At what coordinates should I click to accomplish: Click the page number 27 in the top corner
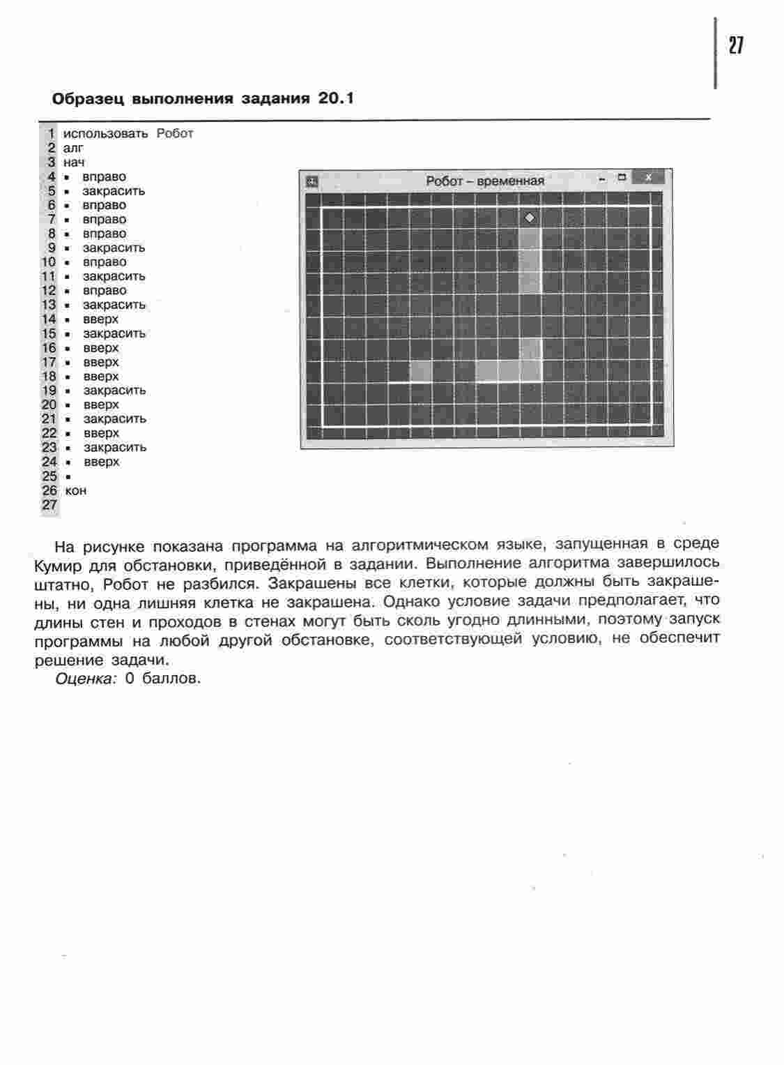736,46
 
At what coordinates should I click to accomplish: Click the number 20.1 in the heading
336,98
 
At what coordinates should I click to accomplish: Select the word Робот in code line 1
174,133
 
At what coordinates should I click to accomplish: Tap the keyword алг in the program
73,148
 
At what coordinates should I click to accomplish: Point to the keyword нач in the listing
74,162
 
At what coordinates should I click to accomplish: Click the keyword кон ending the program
75,490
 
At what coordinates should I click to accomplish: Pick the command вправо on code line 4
104,176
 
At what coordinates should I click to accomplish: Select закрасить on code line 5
114,190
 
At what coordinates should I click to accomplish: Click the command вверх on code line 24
102,462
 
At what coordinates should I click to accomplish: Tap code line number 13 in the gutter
48,305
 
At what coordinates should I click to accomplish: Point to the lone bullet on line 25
68,476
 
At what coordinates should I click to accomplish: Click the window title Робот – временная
484,181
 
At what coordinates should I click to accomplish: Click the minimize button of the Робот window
601,179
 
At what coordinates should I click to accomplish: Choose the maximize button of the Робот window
622,178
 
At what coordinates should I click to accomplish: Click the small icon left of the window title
312,181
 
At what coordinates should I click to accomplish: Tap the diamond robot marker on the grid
530,218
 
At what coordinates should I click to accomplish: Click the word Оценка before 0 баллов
85,679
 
